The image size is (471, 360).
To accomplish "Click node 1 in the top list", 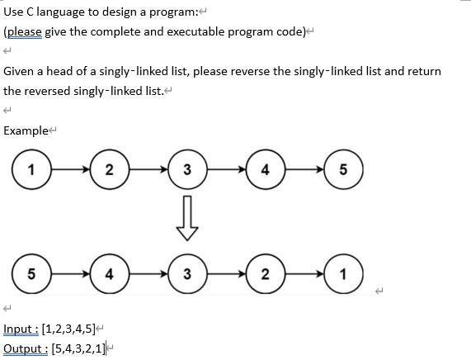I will pyautogui.click(x=31, y=171).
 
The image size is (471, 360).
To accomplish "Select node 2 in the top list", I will pyautogui.click(x=110, y=171).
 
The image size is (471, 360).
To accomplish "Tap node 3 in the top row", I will pyautogui.click(x=187, y=171).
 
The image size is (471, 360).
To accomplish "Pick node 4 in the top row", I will pyautogui.click(x=265, y=171).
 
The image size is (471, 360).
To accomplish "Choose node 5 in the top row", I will pyautogui.click(x=343, y=171).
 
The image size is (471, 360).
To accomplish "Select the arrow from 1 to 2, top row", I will pyautogui.click(x=70, y=171).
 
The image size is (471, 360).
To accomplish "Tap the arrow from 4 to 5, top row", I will pyautogui.click(x=304, y=171).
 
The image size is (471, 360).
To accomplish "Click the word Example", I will pyautogui.click(x=26, y=130).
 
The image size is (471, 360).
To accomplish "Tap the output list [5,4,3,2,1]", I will pyautogui.click(x=78, y=348).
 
